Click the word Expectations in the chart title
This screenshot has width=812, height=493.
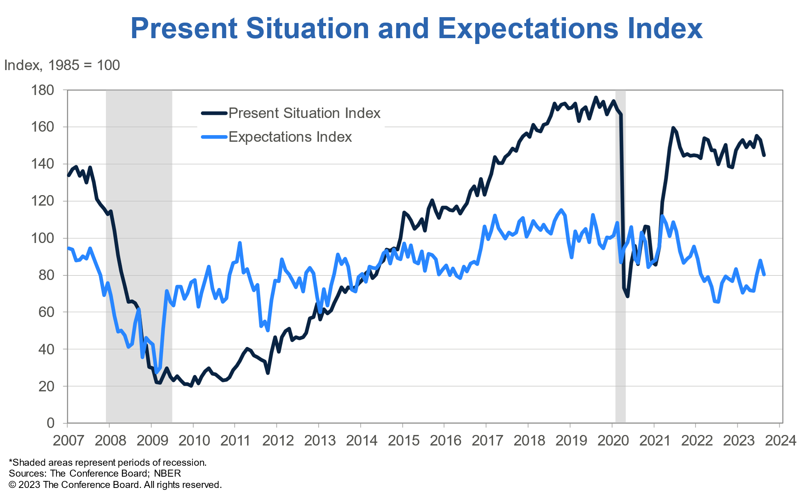point(528,29)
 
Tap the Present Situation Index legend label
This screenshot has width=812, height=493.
point(304,113)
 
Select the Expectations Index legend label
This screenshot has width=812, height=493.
point(290,137)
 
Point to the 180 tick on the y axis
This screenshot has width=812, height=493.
point(42,90)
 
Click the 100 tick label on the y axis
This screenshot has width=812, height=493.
point(42,238)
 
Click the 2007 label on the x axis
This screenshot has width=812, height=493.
point(68,441)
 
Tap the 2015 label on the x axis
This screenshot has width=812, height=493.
point(403,441)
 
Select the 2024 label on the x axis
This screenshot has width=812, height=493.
point(780,441)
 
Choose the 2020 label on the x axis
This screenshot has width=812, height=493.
point(613,441)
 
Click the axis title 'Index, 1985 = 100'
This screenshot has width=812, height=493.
point(62,65)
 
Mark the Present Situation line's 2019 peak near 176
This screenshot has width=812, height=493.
point(596,97)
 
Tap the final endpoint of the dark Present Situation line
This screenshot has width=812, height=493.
point(764,155)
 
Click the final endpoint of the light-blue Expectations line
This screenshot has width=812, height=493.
point(764,275)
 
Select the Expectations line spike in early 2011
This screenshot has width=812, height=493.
point(240,243)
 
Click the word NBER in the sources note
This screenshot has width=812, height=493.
point(167,474)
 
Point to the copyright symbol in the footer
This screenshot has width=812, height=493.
point(12,485)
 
